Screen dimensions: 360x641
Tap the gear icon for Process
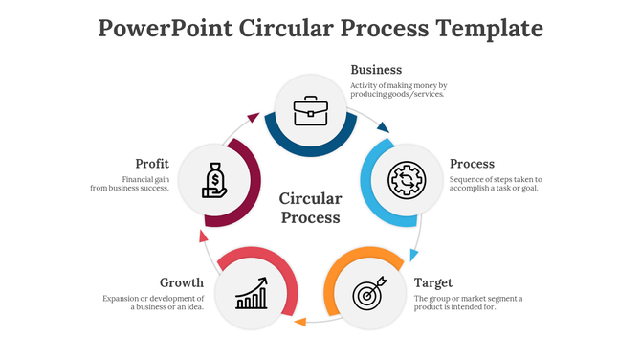coord(406,180)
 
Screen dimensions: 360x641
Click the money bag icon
coord(214,180)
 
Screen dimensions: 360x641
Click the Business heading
coord(376,70)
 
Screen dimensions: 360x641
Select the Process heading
coord(472,163)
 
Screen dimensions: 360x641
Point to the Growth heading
coord(182,283)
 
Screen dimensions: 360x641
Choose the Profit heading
coord(152,164)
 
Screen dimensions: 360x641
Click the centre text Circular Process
coord(310,208)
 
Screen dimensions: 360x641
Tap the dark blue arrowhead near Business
coord(384,126)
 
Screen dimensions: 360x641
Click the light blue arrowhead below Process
coord(413,255)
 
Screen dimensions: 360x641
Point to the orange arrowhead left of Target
coord(299,322)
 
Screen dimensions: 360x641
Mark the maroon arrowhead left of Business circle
coord(254,117)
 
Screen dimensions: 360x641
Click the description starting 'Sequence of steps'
coord(496,184)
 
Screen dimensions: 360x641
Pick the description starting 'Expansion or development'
coord(153,304)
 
